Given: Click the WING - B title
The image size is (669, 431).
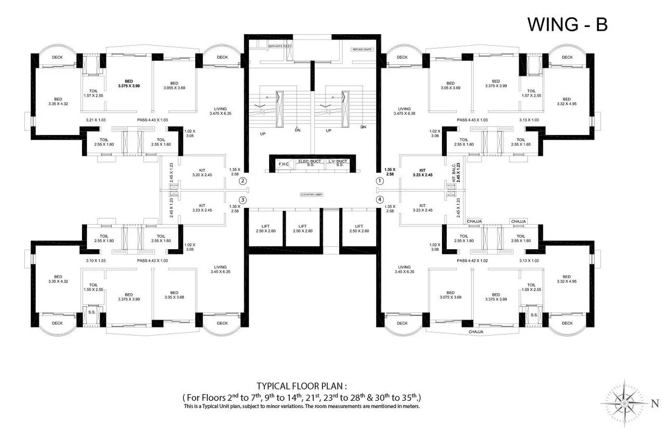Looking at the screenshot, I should [567, 24].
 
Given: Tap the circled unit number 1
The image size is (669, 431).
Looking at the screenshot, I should [380, 181].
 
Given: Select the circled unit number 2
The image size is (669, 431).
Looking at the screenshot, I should [243, 181].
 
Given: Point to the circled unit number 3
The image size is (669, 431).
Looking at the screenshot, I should [243, 199].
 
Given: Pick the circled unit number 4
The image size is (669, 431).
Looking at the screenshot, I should [380, 199].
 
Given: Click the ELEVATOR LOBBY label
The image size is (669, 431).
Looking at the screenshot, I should [311, 195].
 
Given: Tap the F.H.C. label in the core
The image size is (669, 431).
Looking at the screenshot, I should [284, 164].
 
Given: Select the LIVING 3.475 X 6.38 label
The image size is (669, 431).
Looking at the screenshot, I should [404, 111].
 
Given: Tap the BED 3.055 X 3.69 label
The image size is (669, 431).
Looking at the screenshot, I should [174, 86].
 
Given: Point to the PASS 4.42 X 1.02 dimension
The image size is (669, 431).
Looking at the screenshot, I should [473, 260].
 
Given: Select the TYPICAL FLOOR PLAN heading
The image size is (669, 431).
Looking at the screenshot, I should [301, 386].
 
